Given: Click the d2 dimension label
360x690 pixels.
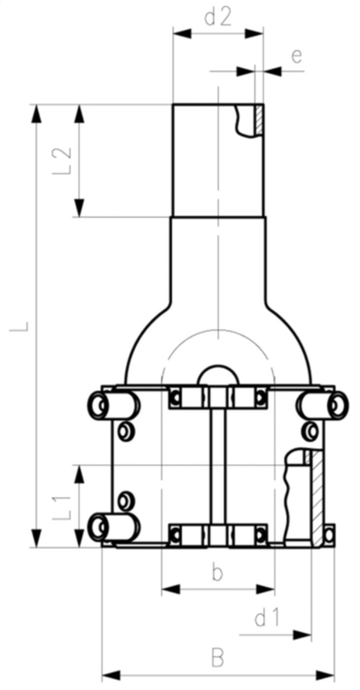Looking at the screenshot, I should coord(218,18).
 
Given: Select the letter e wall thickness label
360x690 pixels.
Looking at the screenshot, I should coord(296,56).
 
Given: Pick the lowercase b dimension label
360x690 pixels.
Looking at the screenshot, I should coord(217,573).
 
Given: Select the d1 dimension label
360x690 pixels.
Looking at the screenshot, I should coord(267,618).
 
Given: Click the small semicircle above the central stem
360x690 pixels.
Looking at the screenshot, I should coord(217,376).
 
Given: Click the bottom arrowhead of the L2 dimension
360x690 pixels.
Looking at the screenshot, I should coord(79,207).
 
